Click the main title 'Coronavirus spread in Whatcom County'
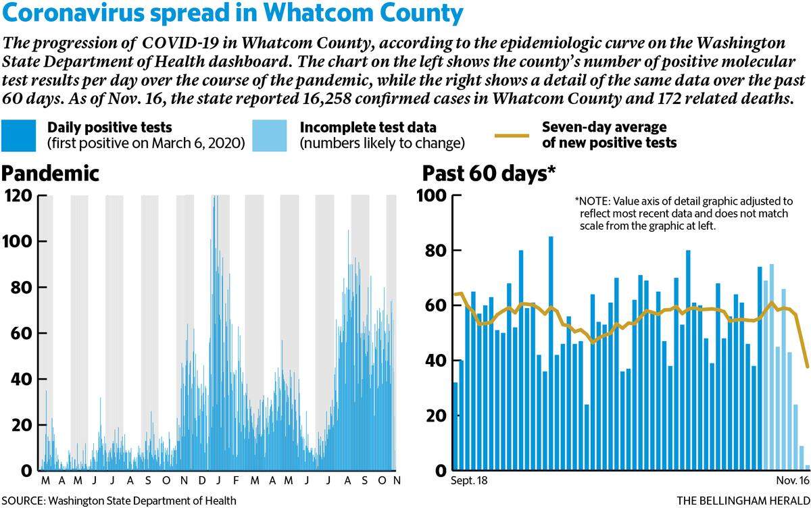click(232, 13)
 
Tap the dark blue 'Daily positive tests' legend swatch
click(18, 135)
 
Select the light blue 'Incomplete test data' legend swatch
click(270, 135)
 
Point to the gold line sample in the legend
click(512, 136)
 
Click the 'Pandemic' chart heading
click(50, 174)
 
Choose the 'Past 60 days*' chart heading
click(489, 174)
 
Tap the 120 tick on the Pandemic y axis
click(18, 196)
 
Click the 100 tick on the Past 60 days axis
click(432, 196)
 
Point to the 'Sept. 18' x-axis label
click(469, 480)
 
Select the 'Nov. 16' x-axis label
click(793, 480)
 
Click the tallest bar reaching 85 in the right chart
click(551, 353)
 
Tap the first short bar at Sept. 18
click(456, 426)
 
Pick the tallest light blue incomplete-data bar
click(772, 367)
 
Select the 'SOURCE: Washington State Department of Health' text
click(119, 501)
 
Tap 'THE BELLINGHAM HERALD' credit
click(743, 501)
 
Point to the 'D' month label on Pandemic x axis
click(201, 480)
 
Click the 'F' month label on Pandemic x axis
click(236, 480)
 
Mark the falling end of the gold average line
click(808, 367)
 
